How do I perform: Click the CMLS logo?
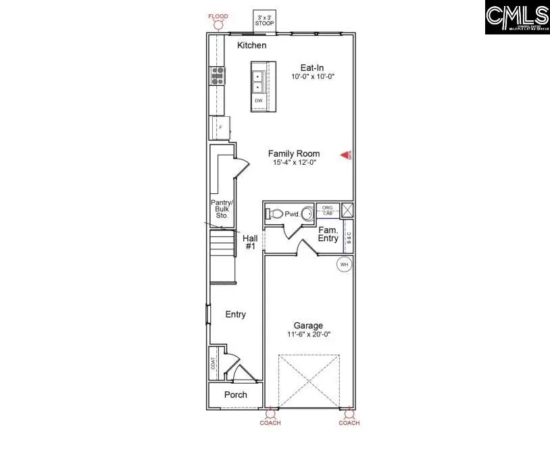point(517,18)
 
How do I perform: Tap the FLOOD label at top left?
point(218,16)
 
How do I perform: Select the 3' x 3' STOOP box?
point(264,21)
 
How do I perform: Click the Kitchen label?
point(251,45)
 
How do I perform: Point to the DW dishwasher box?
point(258,101)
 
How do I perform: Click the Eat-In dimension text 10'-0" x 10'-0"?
point(313,77)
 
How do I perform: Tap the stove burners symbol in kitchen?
point(218,75)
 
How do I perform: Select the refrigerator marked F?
point(219,127)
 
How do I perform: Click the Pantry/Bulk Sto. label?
point(220,209)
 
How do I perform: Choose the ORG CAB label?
point(327,210)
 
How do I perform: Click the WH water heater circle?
point(344,264)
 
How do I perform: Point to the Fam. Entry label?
point(329,234)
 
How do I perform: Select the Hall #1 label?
point(249,242)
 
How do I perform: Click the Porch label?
point(235,395)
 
